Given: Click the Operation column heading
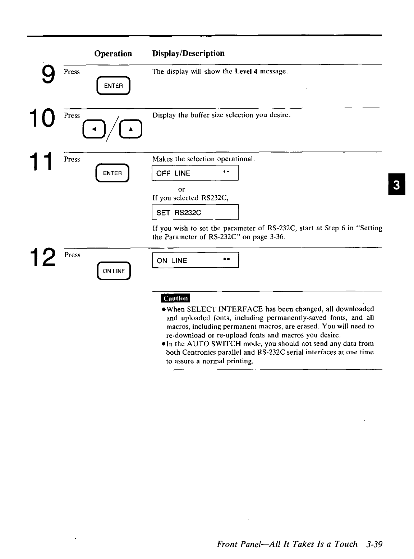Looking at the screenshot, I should (x=113, y=54).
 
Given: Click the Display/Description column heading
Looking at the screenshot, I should (x=188, y=54).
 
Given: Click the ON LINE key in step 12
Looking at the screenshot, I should (x=114, y=271).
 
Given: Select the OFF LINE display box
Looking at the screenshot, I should (x=195, y=173).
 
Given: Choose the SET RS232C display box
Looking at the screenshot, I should (x=195, y=213).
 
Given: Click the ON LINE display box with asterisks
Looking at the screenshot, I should (x=195, y=260).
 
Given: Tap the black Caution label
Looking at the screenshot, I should (x=175, y=299).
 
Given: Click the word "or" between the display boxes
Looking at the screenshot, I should (x=181, y=189).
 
